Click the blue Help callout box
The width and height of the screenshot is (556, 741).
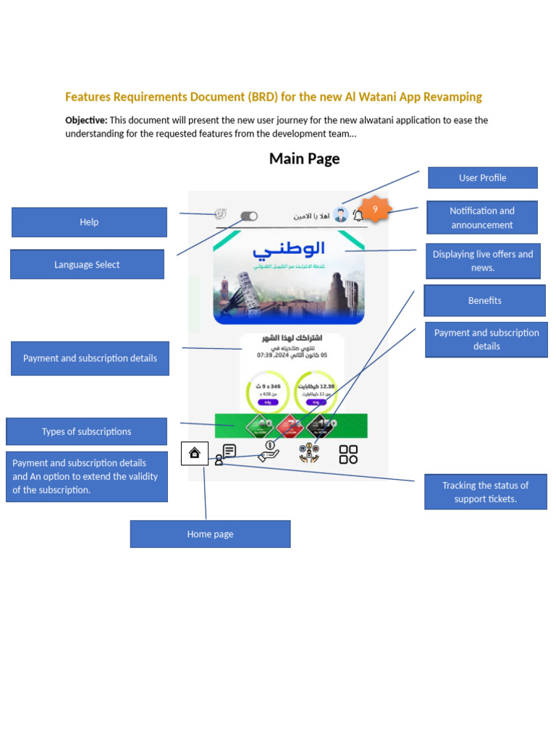coord(89,222)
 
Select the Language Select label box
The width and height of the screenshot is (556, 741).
coord(87,265)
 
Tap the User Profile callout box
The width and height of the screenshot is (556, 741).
coord(482,178)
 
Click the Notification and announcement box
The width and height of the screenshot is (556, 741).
coord(482,218)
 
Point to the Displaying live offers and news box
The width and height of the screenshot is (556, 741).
coord(483,261)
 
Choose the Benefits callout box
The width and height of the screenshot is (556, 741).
coord(484,300)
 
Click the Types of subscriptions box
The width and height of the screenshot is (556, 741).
coord(86,431)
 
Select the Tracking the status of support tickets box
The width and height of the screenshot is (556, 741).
coord(485,492)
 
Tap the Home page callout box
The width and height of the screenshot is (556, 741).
coord(210,534)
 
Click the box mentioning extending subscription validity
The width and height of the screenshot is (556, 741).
coord(86,477)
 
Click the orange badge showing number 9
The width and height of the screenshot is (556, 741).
coord(375,210)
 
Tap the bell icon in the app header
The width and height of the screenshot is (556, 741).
coord(358,216)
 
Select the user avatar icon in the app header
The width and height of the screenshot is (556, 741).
coord(341,215)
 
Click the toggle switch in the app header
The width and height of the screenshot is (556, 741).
coord(249,216)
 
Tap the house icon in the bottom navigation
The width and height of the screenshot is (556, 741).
coord(194,453)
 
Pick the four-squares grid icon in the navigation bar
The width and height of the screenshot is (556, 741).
coord(348,454)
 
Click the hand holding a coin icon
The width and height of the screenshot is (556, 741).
coord(269,452)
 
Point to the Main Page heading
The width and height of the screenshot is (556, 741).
coord(304,158)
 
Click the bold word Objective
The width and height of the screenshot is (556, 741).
coord(85,120)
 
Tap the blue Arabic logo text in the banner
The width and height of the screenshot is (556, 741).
coord(289,250)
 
